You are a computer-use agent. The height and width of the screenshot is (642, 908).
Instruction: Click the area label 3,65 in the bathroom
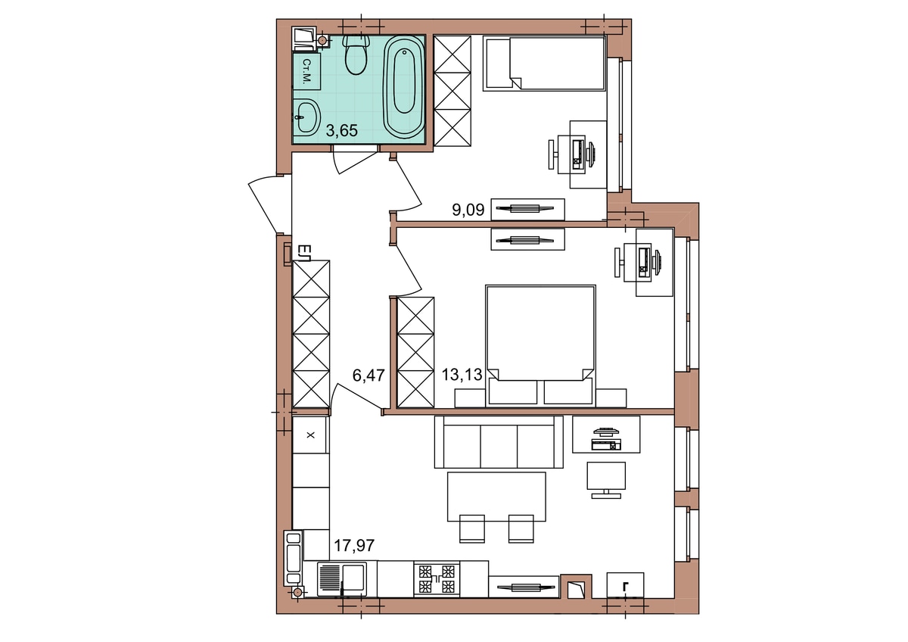(342, 130)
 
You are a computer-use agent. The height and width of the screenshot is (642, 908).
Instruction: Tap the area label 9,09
(468, 210)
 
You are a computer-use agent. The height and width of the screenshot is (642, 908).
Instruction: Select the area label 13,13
(462, 375)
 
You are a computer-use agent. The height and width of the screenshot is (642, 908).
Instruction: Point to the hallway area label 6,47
(368, 376)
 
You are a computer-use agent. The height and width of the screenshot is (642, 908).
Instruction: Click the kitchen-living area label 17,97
(354, 546)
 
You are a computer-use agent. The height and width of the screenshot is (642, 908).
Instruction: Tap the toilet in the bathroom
(356, 55)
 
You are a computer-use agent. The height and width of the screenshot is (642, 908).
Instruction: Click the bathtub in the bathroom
(404, 86)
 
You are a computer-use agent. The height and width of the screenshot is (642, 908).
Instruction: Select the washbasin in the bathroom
(307, 117)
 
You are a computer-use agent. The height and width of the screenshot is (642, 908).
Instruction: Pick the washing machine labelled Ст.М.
(307, 71)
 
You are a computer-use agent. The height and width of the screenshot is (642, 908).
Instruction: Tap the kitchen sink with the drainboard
(342, 578)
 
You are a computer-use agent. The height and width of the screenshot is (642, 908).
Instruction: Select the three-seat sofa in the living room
(499, 441)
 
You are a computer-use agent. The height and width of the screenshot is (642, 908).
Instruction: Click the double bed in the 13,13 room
(540, 345)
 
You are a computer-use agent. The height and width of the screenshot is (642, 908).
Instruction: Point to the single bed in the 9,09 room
(544, 64)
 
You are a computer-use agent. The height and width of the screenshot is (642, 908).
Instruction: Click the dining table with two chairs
(496, 507)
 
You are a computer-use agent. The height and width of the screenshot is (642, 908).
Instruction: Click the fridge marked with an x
(310, 435)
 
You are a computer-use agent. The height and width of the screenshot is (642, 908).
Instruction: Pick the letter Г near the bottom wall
(626, 587)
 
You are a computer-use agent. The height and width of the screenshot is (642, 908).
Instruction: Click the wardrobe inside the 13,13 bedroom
(415, 353)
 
